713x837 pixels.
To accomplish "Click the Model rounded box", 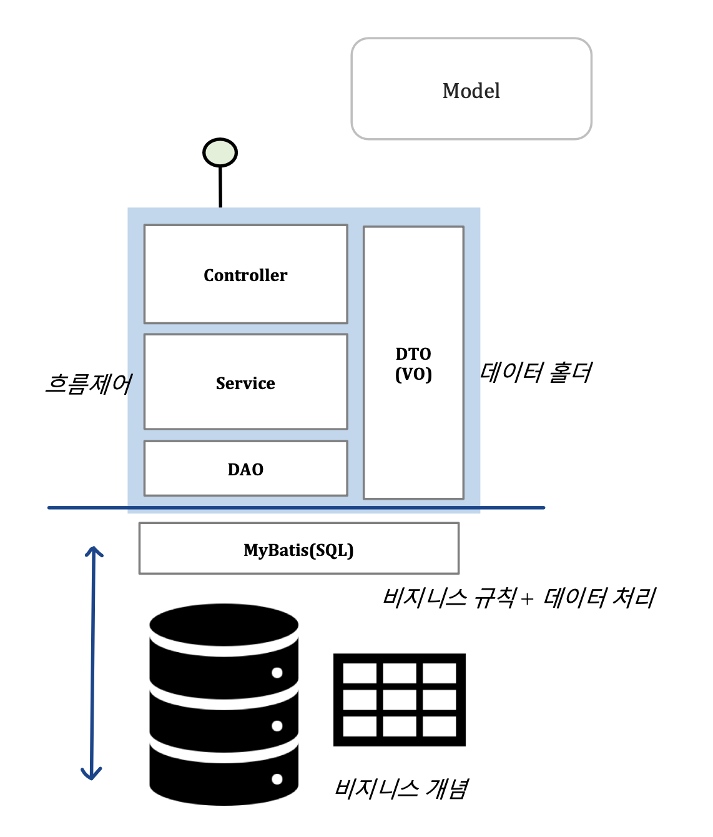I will [471, 89].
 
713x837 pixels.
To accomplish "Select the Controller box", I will [245, 274].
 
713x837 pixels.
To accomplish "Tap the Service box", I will [245, 382].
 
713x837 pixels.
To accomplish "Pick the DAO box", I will [245, 468].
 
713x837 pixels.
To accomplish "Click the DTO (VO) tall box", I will [413, 363].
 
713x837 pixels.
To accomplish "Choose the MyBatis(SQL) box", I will [298, 549].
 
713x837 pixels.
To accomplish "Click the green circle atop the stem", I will [220, 152].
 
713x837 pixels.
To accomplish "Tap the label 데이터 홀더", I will [536, 372].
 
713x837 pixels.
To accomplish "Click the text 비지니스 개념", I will [401, 788].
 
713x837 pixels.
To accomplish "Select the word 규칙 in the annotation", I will [495, 598].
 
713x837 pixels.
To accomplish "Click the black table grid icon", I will [400, 700].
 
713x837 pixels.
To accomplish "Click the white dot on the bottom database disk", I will [277, 779].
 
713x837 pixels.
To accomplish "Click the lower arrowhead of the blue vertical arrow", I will [91, 776].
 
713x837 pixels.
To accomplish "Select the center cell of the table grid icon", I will [400, 700].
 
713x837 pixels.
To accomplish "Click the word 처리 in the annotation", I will [634, 598].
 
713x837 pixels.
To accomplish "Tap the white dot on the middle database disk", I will [277, 726].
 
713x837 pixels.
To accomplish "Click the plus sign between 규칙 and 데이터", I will [528, 599].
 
